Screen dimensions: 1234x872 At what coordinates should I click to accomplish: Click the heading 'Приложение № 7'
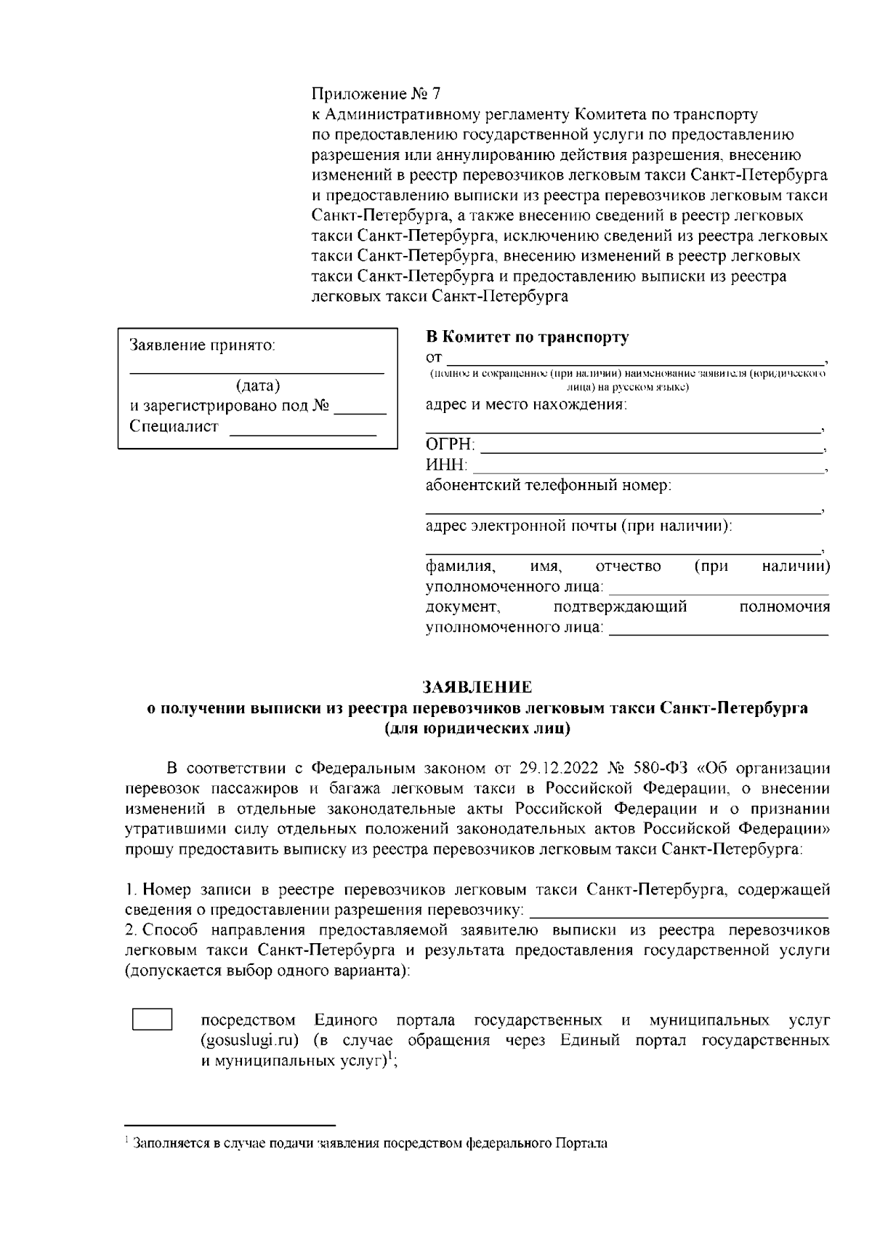pos(376,95)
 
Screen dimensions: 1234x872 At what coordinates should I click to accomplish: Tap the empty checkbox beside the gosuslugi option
pos(152,1019)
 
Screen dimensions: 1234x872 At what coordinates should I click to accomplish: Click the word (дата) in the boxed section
pos(258,386)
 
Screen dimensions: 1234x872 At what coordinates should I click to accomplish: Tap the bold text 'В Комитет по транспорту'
pos(527,337)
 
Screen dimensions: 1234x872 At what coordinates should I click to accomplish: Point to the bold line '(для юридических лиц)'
pos(477,728)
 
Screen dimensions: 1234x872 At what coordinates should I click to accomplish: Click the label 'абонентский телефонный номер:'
pos(548,485)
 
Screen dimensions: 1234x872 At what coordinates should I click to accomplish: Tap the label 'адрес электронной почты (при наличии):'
pos(578,526)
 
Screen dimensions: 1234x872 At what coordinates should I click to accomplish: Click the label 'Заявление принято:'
pos(203,345)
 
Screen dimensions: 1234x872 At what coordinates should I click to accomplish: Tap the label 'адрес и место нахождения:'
pos(525,405)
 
